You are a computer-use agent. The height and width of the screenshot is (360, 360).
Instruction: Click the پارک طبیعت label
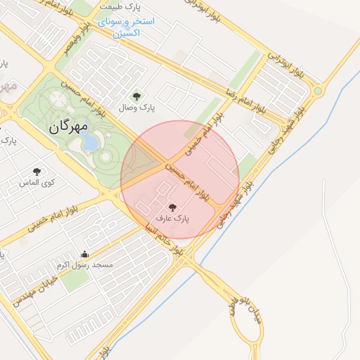121,6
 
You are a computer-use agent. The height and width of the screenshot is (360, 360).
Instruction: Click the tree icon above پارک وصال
136,96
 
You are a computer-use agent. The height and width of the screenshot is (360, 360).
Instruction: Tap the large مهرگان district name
69,127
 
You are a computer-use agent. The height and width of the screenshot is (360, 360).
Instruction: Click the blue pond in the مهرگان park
91,143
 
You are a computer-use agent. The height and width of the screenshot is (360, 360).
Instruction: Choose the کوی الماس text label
37,183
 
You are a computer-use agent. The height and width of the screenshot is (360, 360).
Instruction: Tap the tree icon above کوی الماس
37,172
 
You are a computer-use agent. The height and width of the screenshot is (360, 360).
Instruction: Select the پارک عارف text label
172,219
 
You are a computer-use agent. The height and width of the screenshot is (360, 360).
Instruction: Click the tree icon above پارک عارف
172,207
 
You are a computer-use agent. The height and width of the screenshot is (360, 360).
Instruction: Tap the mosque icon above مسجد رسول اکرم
85,254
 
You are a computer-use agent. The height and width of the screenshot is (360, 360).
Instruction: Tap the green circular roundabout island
318,91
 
